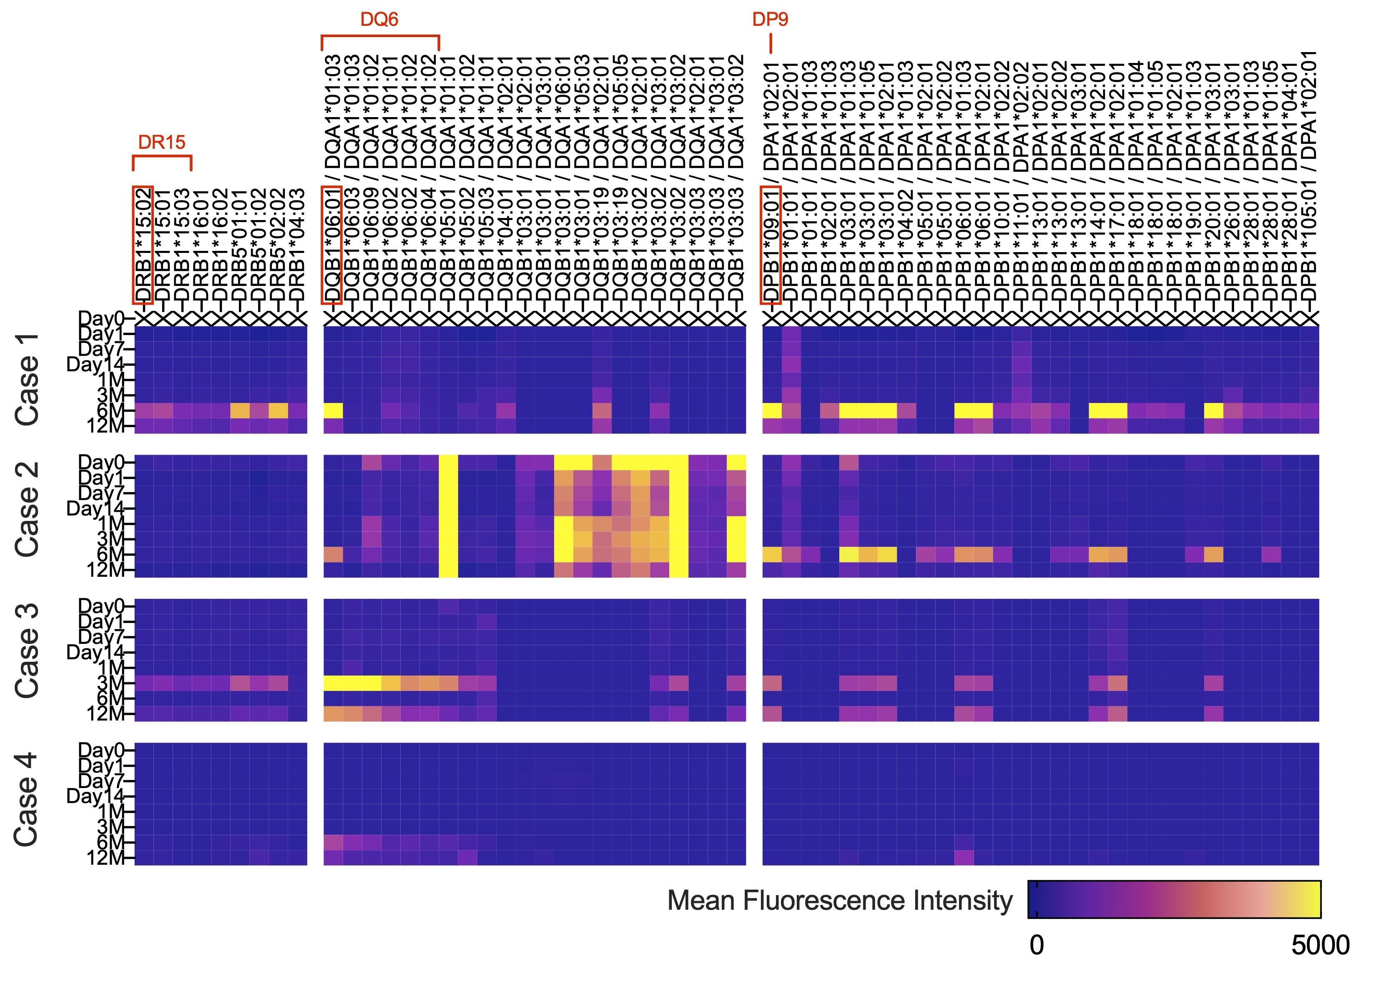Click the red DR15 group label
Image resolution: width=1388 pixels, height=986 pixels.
(162, 142)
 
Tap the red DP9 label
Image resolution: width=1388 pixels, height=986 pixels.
(770, 20)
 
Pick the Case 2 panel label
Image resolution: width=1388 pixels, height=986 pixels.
(28, 509)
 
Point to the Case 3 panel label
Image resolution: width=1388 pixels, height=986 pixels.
(28, 651)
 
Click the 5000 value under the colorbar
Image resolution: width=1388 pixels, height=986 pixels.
(1320, 945)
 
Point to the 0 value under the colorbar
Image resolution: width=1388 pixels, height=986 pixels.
(1036, 945)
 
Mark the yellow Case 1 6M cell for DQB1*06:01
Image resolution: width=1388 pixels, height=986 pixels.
(333, 411)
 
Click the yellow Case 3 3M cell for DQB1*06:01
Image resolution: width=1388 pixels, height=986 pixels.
(333, 683)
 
